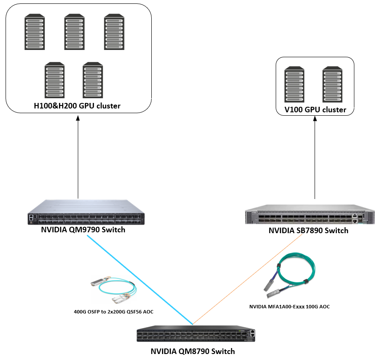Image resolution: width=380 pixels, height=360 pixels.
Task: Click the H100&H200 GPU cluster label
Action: tap(77, 106)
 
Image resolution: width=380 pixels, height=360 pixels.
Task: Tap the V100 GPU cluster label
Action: tap(315, 110)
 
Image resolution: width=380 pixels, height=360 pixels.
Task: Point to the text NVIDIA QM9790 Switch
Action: tap(83, 230)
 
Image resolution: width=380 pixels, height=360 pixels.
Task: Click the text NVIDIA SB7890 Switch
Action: tap(308, 231)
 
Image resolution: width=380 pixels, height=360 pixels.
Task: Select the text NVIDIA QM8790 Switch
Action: tap(193, 351)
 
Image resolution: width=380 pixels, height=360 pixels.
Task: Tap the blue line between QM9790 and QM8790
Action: tap(137, 278)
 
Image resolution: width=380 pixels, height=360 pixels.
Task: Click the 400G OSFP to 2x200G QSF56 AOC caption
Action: tap(113, 312)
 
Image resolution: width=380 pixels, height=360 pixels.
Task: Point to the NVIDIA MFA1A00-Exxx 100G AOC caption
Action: tap(289, 306)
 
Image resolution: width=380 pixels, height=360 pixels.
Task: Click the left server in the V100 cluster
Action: tap(295, 84)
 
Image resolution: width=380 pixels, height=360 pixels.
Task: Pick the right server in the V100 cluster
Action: tap(332, 84)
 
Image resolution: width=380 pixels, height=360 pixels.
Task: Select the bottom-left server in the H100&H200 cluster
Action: tap(54, 81)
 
